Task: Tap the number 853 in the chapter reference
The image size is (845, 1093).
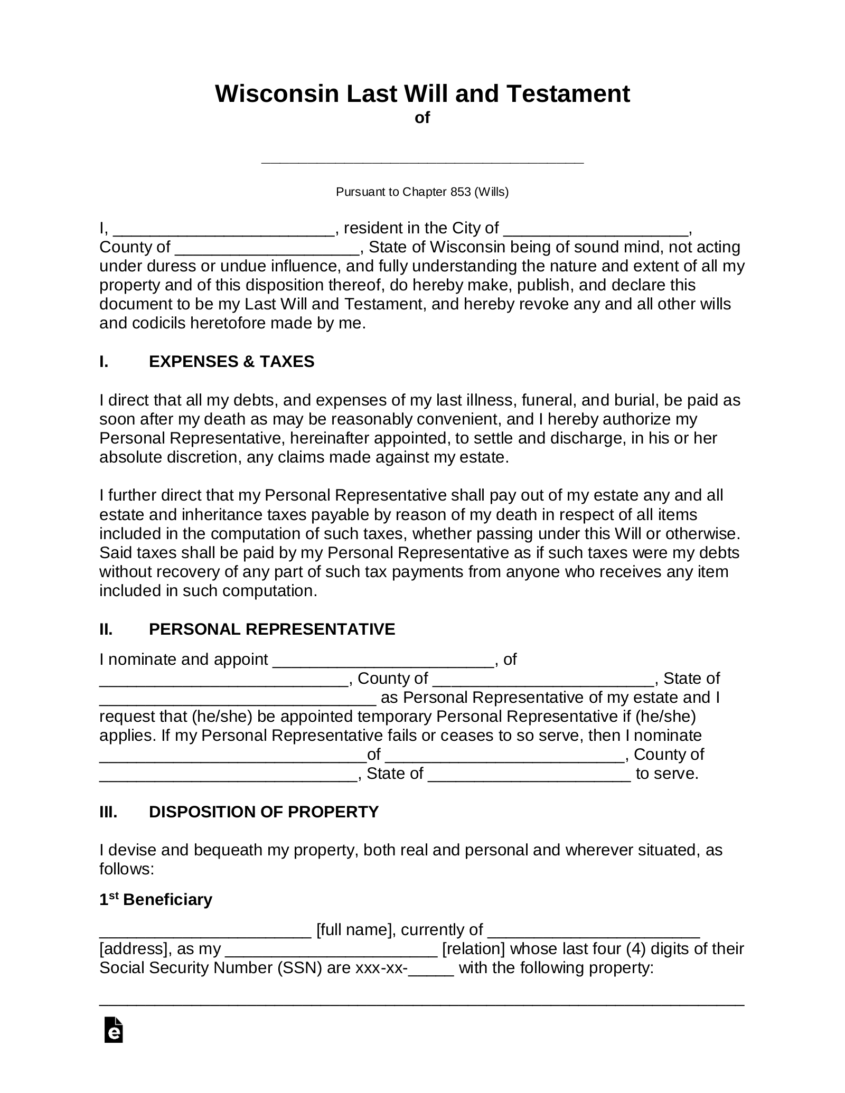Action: [461, 192]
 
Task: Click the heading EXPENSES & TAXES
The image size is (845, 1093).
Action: [231, 362]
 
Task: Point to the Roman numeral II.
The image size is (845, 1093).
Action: [106, 629]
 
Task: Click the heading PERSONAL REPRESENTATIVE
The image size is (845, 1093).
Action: [272, 629]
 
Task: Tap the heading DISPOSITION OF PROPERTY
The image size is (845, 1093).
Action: [264, 812]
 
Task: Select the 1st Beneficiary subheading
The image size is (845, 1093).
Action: [156, 899]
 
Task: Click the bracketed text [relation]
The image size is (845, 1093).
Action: [473, 949]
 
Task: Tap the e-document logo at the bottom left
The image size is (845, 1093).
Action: [114, 1030]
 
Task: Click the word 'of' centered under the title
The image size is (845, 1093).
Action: [422, 118]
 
